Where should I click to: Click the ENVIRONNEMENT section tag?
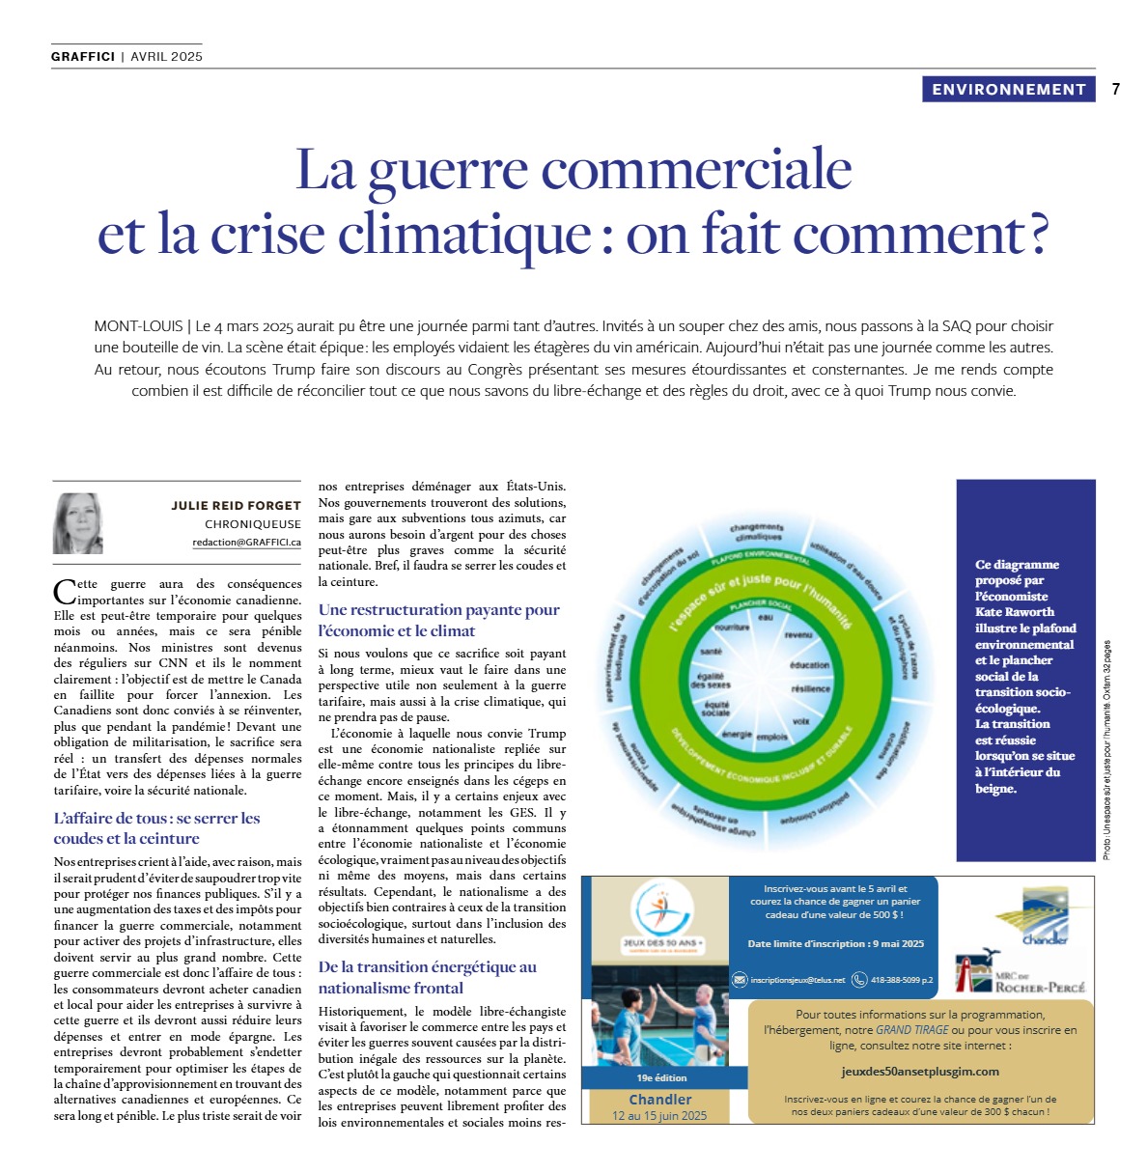1009,90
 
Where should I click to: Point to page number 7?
1116,90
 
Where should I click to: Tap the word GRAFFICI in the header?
83,57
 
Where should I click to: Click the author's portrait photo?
77,523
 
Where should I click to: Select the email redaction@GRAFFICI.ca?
246,543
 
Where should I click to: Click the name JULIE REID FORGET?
236,505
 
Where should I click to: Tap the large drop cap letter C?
65,591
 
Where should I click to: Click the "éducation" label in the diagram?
809,665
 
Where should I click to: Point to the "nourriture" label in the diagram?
732,628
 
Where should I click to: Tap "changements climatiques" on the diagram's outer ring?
758,532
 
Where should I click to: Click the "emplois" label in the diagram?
771,737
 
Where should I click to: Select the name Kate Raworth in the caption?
1014,612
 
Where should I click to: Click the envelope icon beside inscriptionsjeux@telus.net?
740,980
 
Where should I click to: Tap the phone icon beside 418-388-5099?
858,980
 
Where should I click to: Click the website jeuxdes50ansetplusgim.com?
919,1071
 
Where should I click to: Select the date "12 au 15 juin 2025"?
659,1116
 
